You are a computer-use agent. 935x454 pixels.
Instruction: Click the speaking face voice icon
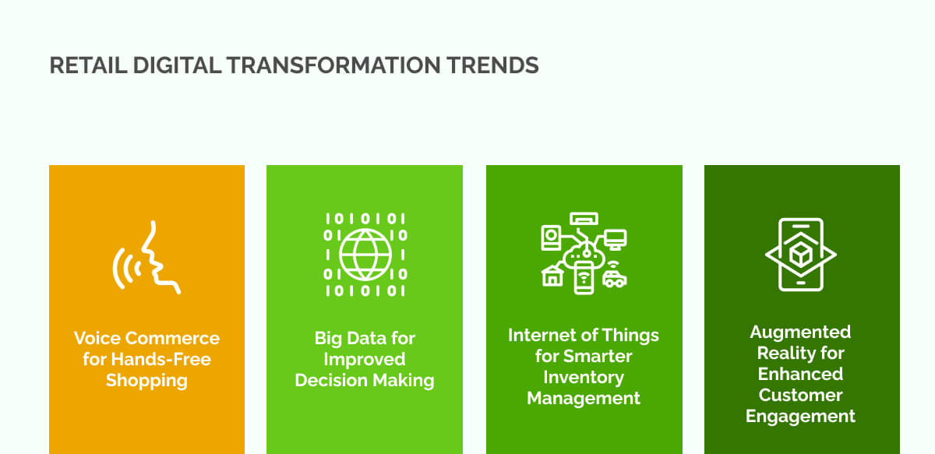148,258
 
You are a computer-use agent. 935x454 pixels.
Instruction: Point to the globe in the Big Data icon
365,254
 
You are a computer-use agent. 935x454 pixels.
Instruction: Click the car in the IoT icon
615,278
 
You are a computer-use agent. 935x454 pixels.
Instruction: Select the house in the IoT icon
552,275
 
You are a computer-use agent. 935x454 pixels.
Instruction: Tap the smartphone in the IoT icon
584,278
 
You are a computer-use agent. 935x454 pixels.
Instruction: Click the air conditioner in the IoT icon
584,220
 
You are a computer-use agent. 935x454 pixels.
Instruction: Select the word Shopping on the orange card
146,381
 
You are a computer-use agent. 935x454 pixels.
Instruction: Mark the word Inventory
584,377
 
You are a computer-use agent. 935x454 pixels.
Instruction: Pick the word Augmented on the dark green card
800,332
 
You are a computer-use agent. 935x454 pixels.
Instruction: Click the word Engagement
800,416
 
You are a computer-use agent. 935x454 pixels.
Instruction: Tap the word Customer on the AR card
800,395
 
